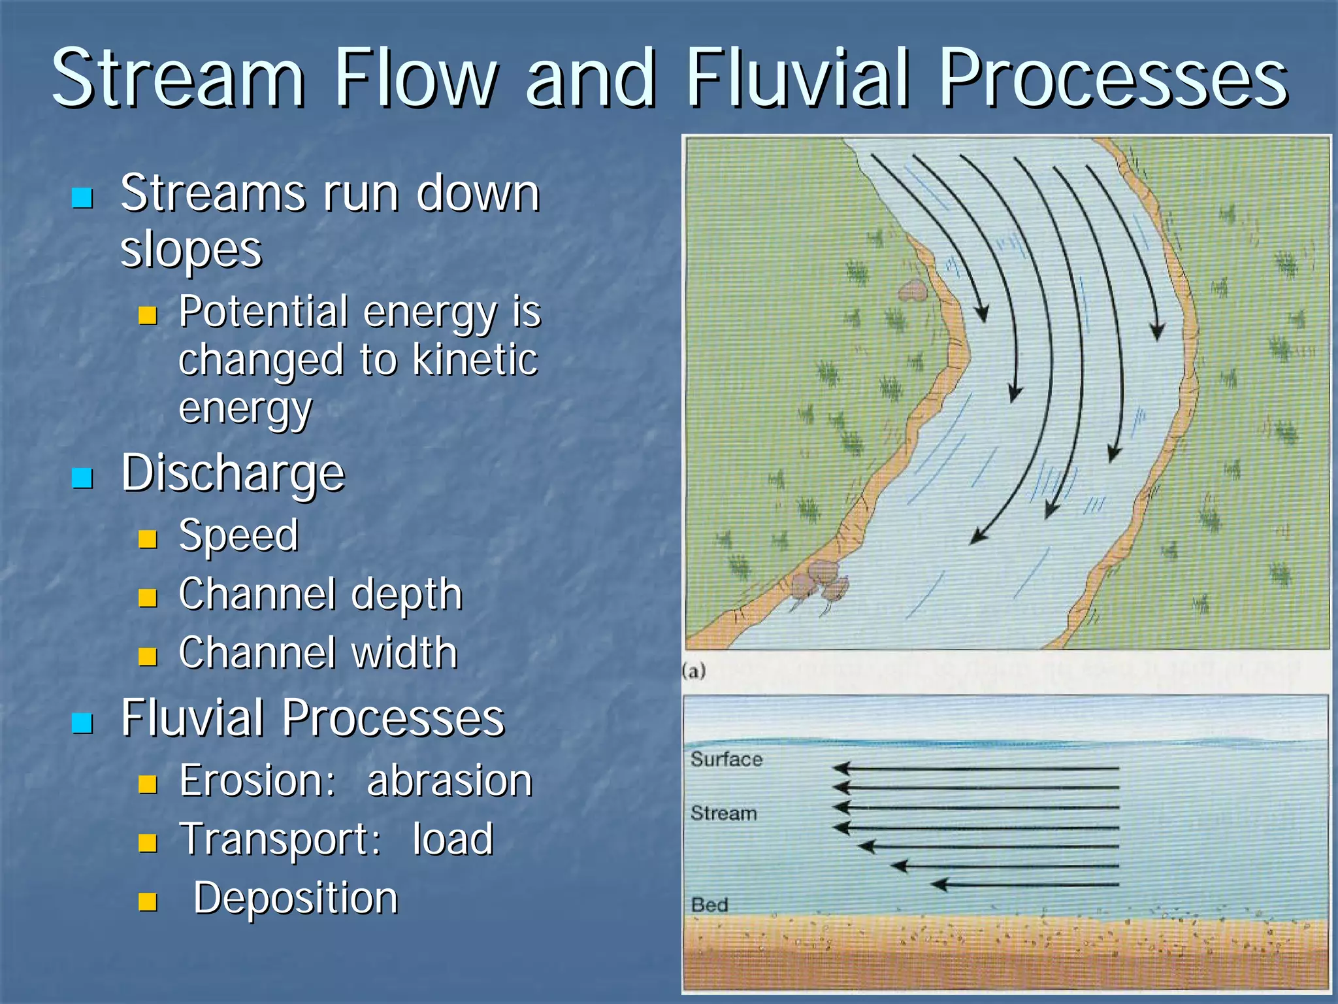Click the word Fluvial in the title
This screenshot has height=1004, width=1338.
coord(797,78)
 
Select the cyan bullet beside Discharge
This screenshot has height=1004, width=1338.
coord(82,478)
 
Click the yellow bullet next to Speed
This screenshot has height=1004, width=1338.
coord(148,539)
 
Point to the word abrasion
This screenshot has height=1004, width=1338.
coord(449,780)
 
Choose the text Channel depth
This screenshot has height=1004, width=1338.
coord(320,594)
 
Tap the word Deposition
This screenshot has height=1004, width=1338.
coord(295,897)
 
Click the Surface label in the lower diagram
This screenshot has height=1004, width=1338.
coord(726,760)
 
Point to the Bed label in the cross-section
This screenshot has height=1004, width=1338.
coord(710,905)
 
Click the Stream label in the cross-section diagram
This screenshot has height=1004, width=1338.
coord(724,813)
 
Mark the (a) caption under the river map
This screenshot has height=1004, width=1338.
coord(694,671)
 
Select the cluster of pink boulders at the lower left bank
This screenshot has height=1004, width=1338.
coord(821,582)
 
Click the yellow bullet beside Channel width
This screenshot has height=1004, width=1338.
coord(148,656)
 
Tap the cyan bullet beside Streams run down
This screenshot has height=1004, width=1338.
coord(82,197)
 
